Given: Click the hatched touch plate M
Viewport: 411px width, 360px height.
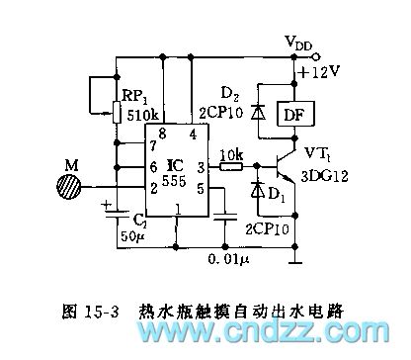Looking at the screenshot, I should tap(70, 186).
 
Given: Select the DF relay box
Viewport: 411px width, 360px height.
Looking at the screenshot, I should tap(293, 116).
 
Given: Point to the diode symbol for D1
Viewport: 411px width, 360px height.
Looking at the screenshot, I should tap(259, 189).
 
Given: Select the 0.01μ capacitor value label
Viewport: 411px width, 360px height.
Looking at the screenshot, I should tap(229, 258).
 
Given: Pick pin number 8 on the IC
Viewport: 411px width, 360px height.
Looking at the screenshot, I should tap(162, 132).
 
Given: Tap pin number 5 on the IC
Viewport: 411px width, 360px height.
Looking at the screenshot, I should tap(202, 188).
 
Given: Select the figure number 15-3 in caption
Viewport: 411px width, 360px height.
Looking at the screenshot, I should tap(102, 310).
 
